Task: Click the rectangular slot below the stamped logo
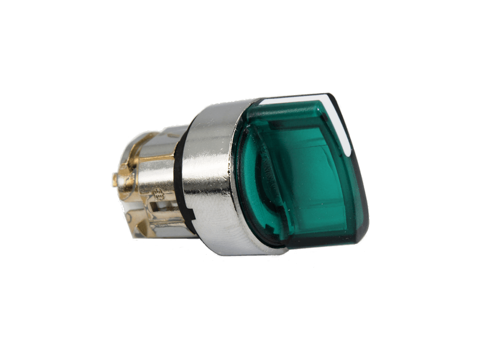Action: pos(161,209)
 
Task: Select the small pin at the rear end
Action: pos(115,180)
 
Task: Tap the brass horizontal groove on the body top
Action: pos(154,158)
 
